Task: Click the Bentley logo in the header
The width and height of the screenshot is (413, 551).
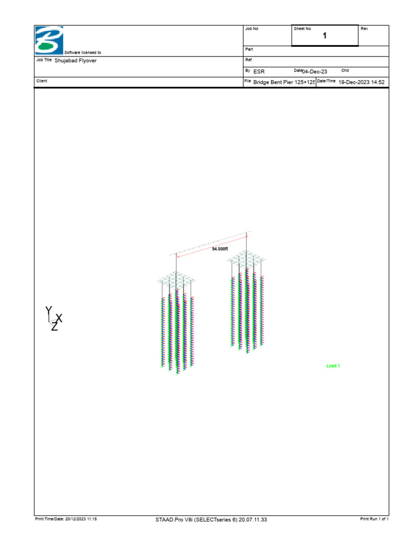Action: (x=49, y=40)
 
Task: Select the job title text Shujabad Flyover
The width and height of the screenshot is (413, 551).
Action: (x=76, y=61)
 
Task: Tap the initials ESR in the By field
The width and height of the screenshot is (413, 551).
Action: (x=259, y=71)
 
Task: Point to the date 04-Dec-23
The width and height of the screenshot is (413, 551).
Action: (x=315, y=71)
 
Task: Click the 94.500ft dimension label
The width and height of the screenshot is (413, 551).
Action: (x=220, y=249)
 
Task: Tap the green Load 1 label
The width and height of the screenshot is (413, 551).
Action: (x=333, y=366)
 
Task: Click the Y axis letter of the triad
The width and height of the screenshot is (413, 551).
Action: (x=49, y=310)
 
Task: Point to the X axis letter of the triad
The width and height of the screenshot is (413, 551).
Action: (x=59, y=318)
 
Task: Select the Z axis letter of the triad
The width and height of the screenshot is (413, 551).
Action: (x=54, y=327)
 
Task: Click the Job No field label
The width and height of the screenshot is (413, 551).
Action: (x=252, y=29)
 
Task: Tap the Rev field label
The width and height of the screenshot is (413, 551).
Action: (x=364, y=29)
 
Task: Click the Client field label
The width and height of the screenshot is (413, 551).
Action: (x=41, y=81)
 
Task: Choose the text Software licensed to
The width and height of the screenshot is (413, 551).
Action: (x=82, y=53)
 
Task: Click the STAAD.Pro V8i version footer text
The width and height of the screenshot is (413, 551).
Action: (x=211, y=519)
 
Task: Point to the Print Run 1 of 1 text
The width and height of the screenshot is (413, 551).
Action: (x=374, y=519)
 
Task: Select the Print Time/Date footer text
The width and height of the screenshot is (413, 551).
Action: (x=66, y=519)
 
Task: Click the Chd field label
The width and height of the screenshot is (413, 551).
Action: (x=345, y=70)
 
